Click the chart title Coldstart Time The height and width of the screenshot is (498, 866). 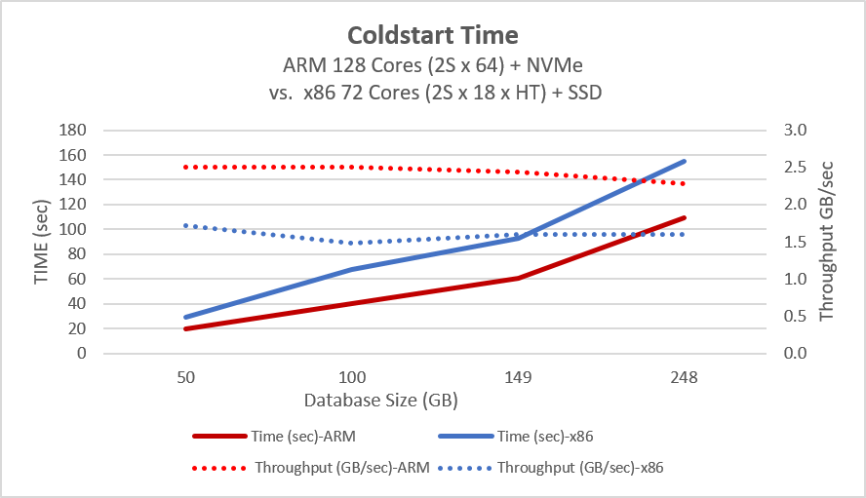pyautogui.click(x=433, y=36)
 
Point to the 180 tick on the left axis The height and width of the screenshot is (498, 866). pyautogui.click(x=74, y=131)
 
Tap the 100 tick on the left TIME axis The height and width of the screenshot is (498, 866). pyautogui.click(x=74, y=230)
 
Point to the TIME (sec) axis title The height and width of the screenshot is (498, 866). pyautogui.click(x=41, y=242)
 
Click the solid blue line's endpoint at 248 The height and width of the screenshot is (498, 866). pyautogui.click(x=685, y=161)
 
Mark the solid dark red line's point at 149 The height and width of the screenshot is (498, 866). pyautogui.click(x=518, y=278)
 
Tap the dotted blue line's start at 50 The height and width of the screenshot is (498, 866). pyautogui.click(x=185, y=225)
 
